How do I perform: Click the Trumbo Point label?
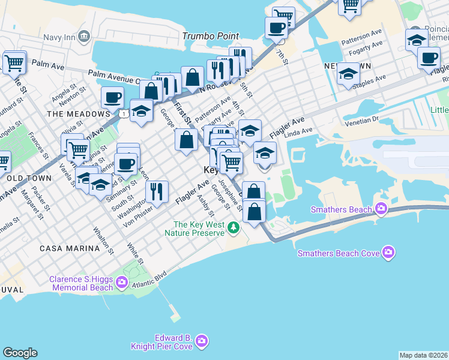[x=211, y=36]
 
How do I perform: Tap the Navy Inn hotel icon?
[x=84, y=35]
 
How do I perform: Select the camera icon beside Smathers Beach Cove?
[x=389, y=252]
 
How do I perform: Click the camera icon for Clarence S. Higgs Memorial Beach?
[x=122, y=281]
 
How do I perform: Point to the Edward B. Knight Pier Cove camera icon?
[x=202, y=341]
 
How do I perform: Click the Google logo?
[x=20, y=353]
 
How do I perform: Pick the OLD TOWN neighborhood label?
[x=27, y=178]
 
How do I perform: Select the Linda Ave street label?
[x=299, y=131]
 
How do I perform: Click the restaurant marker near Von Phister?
[x=156, y=192]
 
